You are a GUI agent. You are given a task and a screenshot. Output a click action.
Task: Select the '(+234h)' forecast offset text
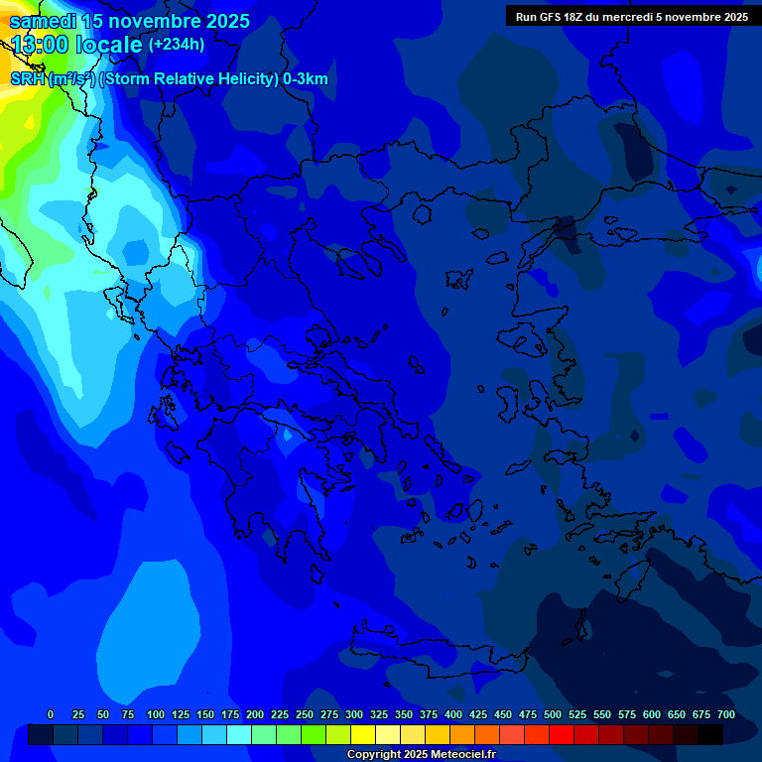(x=177, y=44)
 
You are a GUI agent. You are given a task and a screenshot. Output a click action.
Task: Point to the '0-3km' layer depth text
(x=305, y=79)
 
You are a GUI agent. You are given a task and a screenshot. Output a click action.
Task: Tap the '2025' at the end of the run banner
(x=734, y=17)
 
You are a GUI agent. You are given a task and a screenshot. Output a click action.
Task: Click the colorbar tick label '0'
(x=51, y=714)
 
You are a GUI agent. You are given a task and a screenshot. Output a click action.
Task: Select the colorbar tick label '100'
(x=156, y=714)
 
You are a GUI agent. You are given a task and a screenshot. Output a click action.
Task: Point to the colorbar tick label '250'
(x=305, y=714)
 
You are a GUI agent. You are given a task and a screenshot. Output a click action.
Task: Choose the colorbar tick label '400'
(x=453, y=714)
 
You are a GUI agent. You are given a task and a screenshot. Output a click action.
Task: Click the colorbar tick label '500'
(x=553, y=714)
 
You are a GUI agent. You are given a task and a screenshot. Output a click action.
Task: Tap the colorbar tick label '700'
(x=725, y=714)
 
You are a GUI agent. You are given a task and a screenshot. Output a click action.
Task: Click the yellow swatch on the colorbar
(x=363, y=734)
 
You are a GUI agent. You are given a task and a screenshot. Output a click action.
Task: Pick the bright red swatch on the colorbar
(x=562, y=734)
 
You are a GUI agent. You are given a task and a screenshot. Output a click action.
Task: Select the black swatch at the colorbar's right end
(x=710, y=734)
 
